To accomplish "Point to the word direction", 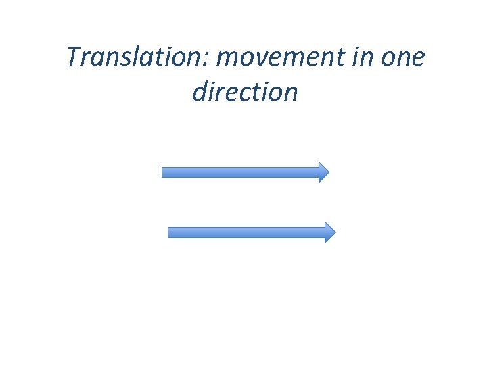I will click(x=244, y=91).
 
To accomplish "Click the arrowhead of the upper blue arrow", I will click(x=324, y=172).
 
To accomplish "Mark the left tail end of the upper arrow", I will click(x=163, y=172).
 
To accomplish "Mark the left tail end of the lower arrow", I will click(x=169, y=233).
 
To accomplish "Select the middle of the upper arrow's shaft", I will click(x=240, y=172).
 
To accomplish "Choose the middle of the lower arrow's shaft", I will click(x=247, y=233).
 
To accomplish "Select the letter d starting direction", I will click(x=200, y=91).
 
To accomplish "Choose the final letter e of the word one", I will click(x=417, y=60).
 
